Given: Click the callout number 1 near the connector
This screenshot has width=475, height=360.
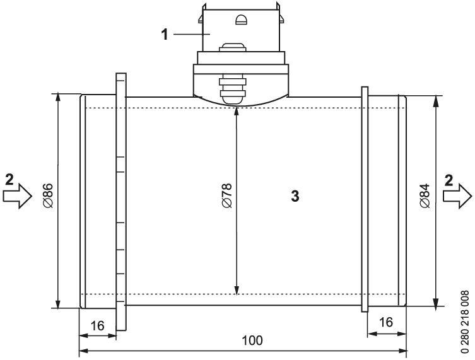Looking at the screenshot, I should [165, 34].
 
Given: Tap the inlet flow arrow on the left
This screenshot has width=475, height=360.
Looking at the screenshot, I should [18, 196].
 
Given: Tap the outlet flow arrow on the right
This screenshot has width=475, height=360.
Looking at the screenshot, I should [457, 196].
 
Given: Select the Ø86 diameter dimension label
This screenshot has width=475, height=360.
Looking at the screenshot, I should [47, 196].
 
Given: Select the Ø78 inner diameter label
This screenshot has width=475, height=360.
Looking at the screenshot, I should [226, 196].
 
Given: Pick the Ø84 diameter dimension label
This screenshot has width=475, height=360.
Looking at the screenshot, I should [424, 196].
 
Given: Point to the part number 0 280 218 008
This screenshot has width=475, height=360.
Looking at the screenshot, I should [466, 321].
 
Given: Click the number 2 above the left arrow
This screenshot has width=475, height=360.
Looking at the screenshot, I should [8, 178].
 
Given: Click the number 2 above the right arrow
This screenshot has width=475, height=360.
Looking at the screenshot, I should [449, 178].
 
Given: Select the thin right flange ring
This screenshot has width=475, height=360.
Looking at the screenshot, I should [364, 199].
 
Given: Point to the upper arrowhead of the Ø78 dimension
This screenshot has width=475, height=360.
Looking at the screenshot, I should [237, 111].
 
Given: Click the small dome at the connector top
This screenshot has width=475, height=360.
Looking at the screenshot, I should [240, 20].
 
